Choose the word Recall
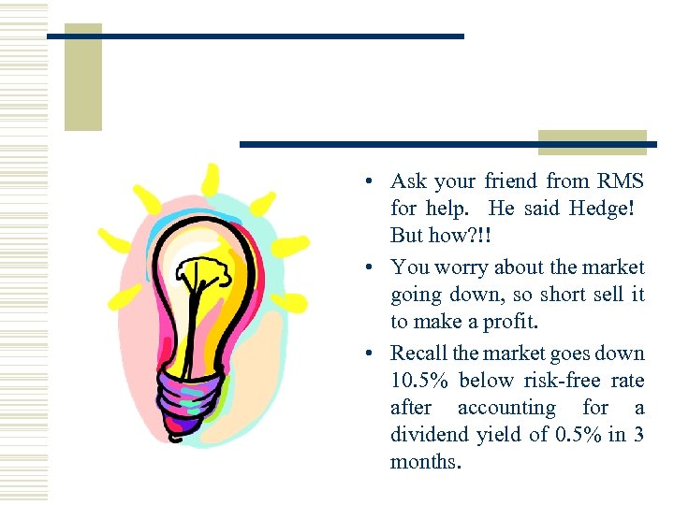[x=419, y=353]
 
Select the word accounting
[x=506, y=407]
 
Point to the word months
[x=426, y=461]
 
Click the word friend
[x=510, y=180]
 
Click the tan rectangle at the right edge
[x=593, y=139]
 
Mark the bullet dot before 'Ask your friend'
[x=372, y=181]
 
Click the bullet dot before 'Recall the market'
[x=372, y=353]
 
